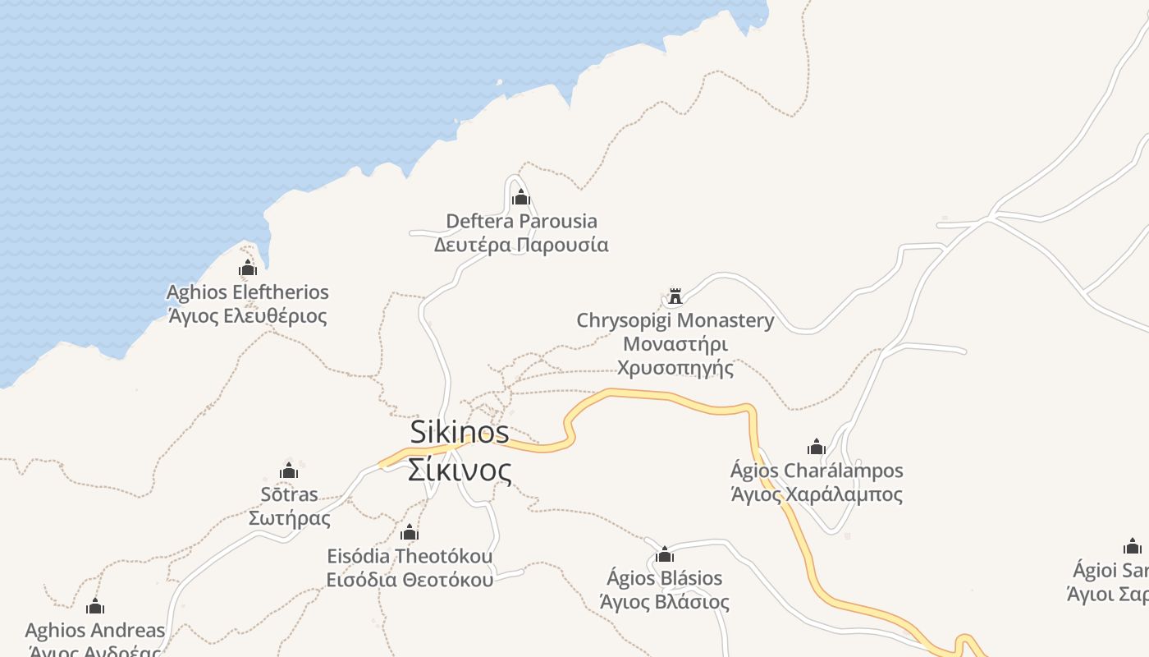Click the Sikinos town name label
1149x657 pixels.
(459, 432)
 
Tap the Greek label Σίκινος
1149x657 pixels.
(460, 471)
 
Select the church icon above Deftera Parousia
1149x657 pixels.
(521, 198)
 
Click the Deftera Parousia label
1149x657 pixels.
(521, 221)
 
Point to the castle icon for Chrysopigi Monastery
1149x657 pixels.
(675, 296)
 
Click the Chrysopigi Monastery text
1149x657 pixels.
(675, 320)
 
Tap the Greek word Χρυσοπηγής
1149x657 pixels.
(675, 367)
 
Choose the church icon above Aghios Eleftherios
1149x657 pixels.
(248, 269)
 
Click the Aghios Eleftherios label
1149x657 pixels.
(248, 292)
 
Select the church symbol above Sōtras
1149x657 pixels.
(289, 471)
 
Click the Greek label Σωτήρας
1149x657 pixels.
(289, 518)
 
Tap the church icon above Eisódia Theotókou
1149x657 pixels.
(410, 533)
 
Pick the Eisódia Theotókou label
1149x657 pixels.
(410, 556)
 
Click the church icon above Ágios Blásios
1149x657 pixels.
(665, 555)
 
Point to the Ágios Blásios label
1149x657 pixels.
(665, 578)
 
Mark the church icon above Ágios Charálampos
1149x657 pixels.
(817, 448)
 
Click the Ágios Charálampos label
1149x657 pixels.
(817, 471)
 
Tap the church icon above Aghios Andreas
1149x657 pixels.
(95, 607)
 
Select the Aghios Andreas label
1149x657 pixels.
(95, 631)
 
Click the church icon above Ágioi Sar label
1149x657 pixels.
(1133, 547)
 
